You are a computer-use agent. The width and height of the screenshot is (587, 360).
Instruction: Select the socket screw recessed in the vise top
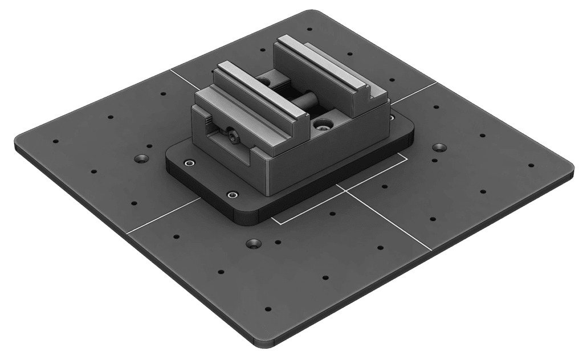(323, 122)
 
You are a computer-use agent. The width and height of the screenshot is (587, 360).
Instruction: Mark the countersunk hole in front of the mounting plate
(254, 244)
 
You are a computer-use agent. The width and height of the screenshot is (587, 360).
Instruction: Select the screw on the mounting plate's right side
(392, 117)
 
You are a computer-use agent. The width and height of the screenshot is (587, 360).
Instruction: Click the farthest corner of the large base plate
(323, 10)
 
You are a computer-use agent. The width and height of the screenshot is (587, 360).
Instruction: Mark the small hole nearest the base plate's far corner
(309, 30)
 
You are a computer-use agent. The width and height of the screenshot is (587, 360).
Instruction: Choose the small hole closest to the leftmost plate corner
(55, 141)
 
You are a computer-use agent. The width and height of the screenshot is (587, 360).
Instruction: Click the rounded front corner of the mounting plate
(242, 219)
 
